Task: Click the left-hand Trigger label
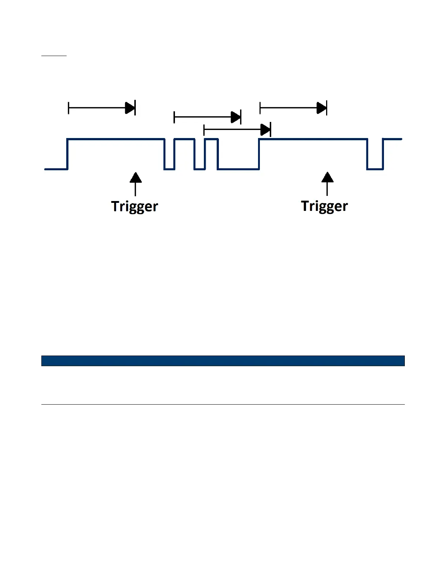pos(134,207)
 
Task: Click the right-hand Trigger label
pos(324,206)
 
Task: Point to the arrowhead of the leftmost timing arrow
pos(130,108)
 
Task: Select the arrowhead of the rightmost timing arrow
pos(322,108)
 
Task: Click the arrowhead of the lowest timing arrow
pos(265,130)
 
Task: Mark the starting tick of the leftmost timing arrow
pos(68,108)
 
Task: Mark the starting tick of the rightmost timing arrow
pos(260,108)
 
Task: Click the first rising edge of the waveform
pos(67,154)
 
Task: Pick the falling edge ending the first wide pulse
pos(165,154)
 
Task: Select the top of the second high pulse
pos(184,139)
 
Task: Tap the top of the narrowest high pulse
pos(211,139)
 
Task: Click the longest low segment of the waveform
pos(238,169)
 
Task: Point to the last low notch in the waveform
pos(375,169)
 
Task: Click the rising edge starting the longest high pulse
pos(259,154)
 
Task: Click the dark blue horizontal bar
pos(223,361)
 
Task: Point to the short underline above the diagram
pos(54,56)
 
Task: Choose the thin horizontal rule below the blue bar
pos(223,405)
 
